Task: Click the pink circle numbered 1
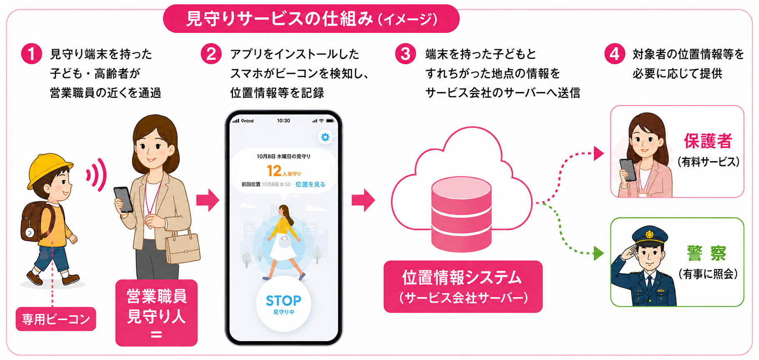[x=32, y=54]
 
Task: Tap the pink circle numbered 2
[x=211, y=54]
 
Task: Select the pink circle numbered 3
[x=406, y=54]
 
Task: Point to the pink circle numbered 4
[x=615, y=54]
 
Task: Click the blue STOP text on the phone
[x=283, y=300]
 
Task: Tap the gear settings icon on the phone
[x=325, y=137]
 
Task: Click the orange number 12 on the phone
[x=274, y=170]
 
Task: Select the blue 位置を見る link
[x=310, y=184]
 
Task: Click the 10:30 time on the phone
[x=283, y=120]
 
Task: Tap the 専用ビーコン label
[x=56, y=319]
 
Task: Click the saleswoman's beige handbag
[x=183, y=247]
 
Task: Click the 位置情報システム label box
[x=463, y=287]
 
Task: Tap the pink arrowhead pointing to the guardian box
[x=599, y=153]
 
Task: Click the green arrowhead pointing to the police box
[x=599, y=253]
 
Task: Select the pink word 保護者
[x=708, y=141]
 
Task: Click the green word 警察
[x=707, y=253]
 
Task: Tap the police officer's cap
[x=649, y=236]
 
